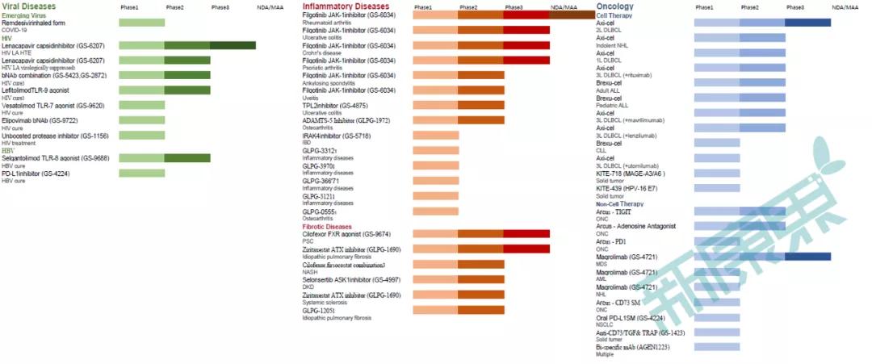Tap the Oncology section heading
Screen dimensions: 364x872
pyautogui.click(x=615, y=6)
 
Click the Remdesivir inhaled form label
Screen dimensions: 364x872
pyautogui.click(x=33, y=23)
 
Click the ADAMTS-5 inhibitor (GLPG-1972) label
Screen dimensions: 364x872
pyautogui.click(x=346, y=120)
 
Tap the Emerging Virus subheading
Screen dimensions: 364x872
pyautogui.click(x=23, y=15)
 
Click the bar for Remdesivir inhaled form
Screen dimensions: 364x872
pyautogui.click(x=141, y=23)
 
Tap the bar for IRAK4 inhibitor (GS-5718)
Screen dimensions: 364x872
pyautogui.click(x=436, y=136)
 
